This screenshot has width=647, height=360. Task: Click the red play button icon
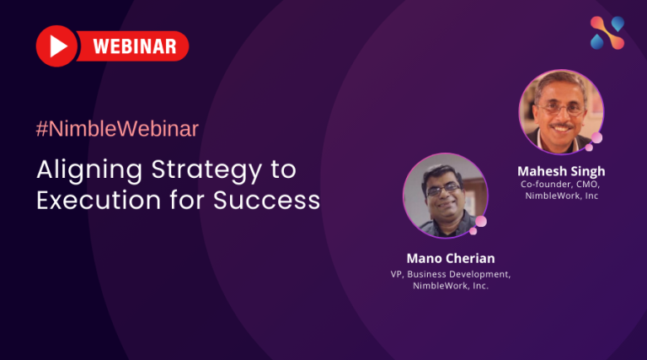(x=56, y=46)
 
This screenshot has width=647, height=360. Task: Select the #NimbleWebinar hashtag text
(x=117, y=129)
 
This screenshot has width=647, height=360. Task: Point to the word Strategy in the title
(x=203, y=169)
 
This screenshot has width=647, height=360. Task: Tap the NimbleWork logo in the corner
(x=607, y=34)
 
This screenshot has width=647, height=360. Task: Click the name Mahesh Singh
(x=561, y=171)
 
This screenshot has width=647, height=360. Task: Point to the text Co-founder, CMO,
(x=561, y=185)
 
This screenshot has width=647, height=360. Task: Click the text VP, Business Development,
(x=451, y=273)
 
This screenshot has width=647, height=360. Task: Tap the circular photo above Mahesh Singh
(x=560, y=110)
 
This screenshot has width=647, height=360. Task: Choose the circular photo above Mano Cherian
(x=444, y=195)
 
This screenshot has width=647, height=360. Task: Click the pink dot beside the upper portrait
(x=596, y=138)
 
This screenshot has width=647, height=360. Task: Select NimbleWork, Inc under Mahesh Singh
(x=561, y=197)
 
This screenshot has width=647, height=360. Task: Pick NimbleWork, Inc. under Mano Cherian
(x=451, y=286)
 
